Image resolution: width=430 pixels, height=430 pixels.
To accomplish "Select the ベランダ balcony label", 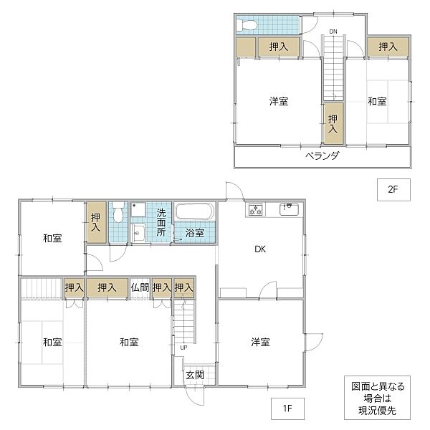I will pyautogui.click(x=322, y=156).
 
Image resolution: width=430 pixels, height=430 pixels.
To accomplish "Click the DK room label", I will pyautogui.click(x=260, y=249).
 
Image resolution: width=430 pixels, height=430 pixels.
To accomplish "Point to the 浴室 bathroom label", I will pyautogui.click(x=195, y=232).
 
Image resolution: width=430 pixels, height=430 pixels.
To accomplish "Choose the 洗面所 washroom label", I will pyautogui.click(x=161, y=222).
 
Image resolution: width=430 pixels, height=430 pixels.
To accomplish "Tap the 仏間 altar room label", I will pyautogui.click(x=140, y=287).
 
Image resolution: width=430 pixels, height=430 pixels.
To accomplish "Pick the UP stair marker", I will pyautogui.click(x=184, y=348).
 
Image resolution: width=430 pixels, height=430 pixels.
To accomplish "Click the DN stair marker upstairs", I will pyautogui.click(x=333, y=31).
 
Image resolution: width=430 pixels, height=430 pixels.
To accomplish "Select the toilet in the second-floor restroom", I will pyautogui.click(x=248, y=24).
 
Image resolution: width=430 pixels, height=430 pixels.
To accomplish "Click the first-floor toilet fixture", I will pyautogui.click(x=118, y=214).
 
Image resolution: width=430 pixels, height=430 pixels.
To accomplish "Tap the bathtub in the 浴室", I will pyautogui.click(x=194, y=214).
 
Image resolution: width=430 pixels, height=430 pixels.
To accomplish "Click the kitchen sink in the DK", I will pyautogui.click(x=289, y=209).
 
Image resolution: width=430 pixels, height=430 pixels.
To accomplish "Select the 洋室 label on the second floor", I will pyautogui.click(x=279, y=102).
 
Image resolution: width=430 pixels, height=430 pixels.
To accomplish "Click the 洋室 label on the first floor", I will pyautogui.click(x=260, y=342).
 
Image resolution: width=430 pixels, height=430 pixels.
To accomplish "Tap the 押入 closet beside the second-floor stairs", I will pyautogui.click(x=333, y=123).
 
